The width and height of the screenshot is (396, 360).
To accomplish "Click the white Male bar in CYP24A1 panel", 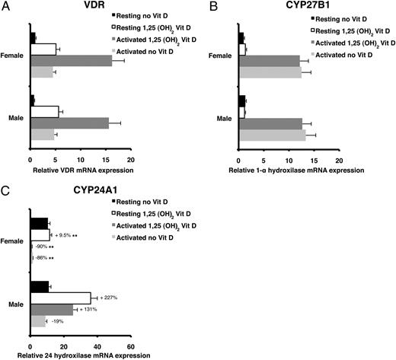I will pyautogui.click(x=60, y=298).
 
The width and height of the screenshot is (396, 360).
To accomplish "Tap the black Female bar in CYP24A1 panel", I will pyautogui.click(x=39, y=223).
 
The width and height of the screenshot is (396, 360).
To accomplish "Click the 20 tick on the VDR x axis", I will pyautogui.click(x=130, y=161).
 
